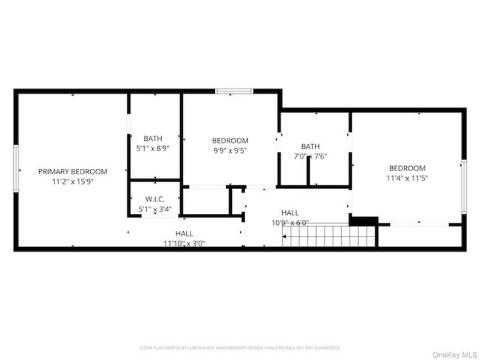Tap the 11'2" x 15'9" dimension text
72,181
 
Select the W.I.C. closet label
154,199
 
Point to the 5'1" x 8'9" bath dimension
153,148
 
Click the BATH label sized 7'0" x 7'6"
310,146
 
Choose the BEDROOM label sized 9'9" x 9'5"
230,140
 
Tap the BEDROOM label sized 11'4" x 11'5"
407,167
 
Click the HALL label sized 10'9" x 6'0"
290,212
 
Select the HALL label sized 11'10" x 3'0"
185,233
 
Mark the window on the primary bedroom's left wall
16,170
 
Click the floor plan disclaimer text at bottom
239,347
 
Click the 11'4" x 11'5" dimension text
407,178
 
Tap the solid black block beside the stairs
363,220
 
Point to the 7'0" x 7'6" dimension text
310,156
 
